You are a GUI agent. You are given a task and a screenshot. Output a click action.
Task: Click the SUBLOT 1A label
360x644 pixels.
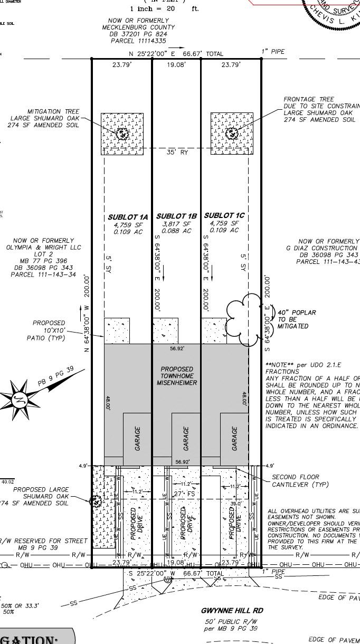tap(128, 217)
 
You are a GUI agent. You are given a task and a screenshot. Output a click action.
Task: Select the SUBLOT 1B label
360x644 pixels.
tap(176, 216)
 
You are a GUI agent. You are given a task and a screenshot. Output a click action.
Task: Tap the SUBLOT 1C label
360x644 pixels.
tap(224, 215)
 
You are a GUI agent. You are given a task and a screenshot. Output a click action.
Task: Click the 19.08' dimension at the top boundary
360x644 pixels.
tap(176, 65)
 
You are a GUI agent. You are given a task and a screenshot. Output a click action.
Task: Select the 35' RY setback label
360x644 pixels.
tap(177, 153)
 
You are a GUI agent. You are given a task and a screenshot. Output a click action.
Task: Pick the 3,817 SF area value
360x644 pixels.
tap(176, 224)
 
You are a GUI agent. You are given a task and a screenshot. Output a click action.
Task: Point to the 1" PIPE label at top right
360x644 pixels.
tap(273, 51)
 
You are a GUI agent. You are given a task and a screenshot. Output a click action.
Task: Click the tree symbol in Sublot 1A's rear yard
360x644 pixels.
tap(122, 134)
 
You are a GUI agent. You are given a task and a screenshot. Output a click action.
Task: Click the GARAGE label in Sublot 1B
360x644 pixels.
tap(186, 438)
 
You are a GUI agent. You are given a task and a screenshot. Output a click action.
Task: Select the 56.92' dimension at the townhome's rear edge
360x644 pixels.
tap(176, 348)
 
